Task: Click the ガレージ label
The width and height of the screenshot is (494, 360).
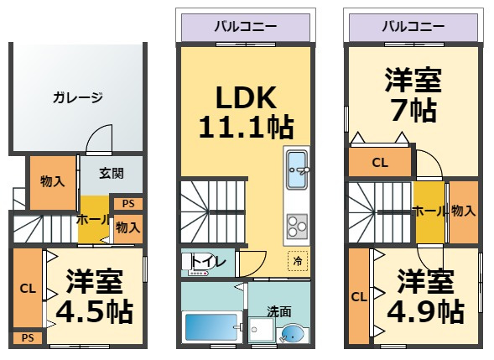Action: [x=78, y=97]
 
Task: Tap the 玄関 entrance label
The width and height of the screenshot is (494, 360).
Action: [x=112, y=173]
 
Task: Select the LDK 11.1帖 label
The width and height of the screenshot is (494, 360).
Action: [x=246, y=112]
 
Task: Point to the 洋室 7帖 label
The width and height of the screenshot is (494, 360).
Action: [x=413, y=94]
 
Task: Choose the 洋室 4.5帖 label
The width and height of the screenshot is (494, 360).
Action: [x=94, y=296]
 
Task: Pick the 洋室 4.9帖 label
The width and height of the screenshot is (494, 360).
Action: [x=425, y=296]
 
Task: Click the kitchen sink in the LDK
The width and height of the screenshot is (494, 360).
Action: [x=296, y=170]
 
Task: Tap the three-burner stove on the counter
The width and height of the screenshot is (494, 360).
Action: [x=297, y=226]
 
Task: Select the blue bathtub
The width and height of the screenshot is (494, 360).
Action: [x=211, y=327]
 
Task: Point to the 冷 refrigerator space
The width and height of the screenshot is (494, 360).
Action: [x=298, y=261]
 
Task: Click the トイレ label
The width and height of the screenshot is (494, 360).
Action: [x=208, y=261]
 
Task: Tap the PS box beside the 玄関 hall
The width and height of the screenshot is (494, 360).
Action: [x=128, y=204]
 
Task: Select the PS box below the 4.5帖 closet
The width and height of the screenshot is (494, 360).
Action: [x=28, y=338]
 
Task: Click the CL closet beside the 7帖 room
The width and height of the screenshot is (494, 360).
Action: [x=380, y=162]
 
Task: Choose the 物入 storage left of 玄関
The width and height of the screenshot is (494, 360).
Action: [x=53, y=183]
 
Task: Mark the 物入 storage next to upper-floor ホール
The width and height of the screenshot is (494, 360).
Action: [x=464, y=211]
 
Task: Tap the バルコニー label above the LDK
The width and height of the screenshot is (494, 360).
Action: [x=246, y=27]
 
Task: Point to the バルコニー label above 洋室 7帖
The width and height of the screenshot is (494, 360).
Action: [x=413, y=27]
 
